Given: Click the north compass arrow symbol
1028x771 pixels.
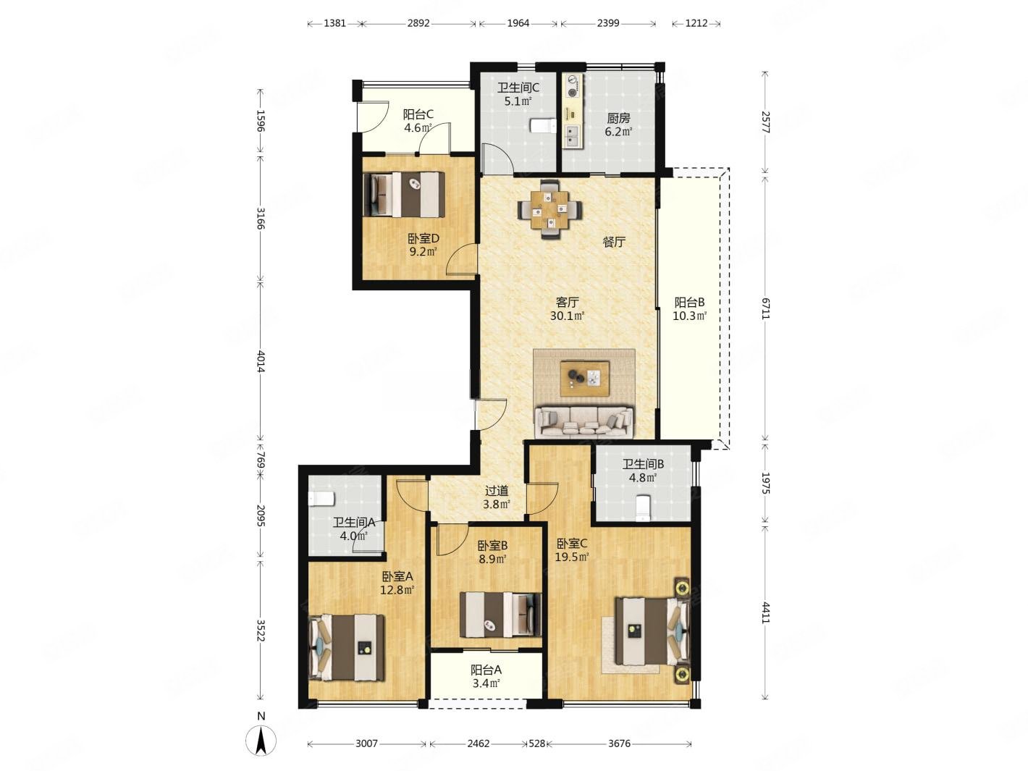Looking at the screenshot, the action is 261,741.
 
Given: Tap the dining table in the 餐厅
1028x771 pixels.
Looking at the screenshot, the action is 549,208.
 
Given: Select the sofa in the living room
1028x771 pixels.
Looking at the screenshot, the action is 583,422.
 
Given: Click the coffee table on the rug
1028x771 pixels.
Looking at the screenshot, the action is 585,378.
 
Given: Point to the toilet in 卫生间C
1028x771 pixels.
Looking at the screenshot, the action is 543,125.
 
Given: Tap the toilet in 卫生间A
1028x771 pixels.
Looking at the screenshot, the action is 321,499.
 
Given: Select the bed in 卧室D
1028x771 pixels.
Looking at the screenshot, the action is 404,194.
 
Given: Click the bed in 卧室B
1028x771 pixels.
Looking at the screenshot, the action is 500,615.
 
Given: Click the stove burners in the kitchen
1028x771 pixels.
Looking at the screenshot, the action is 573,85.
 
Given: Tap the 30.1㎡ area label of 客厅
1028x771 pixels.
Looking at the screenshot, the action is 567,316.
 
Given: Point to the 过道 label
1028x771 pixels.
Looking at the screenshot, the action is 497,491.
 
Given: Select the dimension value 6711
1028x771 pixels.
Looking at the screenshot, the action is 765,309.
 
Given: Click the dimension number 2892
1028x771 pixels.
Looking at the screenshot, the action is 418,23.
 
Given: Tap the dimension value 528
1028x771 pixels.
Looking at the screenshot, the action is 536,743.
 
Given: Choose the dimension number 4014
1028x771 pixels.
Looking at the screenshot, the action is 261,361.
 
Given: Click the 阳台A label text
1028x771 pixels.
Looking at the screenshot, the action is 486,670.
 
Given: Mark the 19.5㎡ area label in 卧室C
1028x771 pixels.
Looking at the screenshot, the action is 572,557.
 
